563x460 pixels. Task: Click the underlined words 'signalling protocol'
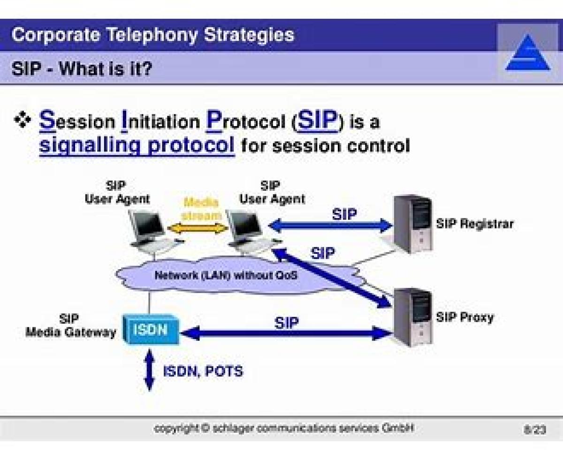[x=137, y=145]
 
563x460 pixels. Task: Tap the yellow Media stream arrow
[x=198, y=228]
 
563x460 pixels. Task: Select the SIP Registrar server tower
[x=412, y=224]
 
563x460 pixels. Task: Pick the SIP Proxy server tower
[x=412, y=317]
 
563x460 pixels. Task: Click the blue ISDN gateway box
[x=151, y=330]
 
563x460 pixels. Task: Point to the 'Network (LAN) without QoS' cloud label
[x=226, y=275]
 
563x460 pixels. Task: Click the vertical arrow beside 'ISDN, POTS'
[x=149, y=370]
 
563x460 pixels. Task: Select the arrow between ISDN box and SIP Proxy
[x=286, y=334]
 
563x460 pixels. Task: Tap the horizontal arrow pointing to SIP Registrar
[x=330, y=226]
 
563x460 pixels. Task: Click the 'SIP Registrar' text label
[x=474, y=224]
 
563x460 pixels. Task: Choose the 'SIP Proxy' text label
[x=464, y=317]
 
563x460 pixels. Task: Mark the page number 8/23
[x=535, y=430]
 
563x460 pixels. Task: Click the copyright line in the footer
[x=284, y=429]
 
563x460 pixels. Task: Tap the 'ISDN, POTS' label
[x=203, y=371]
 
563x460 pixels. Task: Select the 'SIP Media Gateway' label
[x=70, y=326]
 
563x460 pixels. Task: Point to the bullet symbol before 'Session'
[x=22, y=121]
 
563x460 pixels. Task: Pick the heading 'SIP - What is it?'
[x=82, y=69]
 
